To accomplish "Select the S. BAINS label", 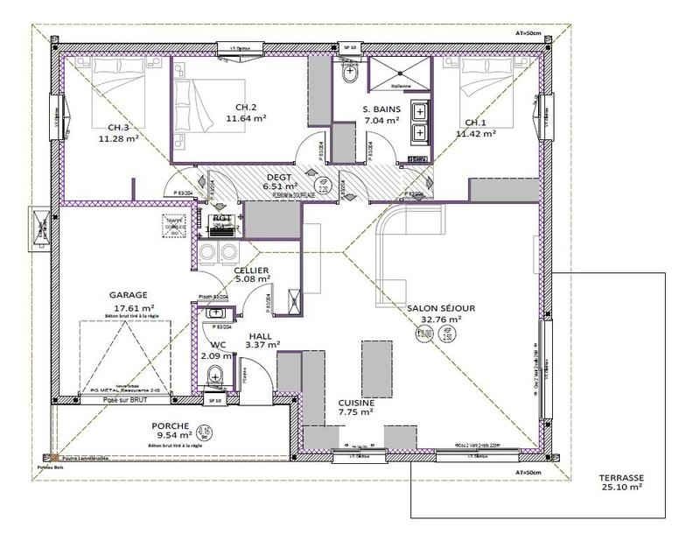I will (381, 109).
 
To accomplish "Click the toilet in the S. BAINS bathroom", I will (350, 74).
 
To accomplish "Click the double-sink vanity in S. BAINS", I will (418, 122).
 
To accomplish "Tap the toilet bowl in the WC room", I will (215, 376).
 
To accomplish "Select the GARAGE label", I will (129, 296).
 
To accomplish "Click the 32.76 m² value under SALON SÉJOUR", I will (440, 320).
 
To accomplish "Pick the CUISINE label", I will (357, 403).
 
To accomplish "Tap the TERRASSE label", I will (621, 478).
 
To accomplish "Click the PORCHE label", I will (171, 426).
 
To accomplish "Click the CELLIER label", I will (251, 270).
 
